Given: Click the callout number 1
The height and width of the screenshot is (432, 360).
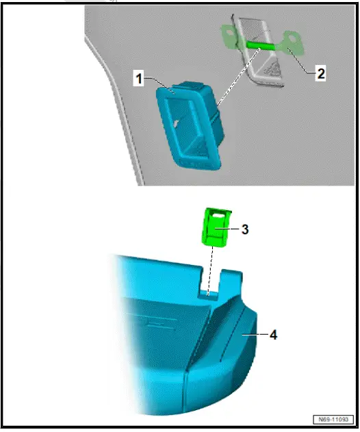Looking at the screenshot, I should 139,79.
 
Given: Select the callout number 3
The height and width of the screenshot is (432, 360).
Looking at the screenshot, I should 244,229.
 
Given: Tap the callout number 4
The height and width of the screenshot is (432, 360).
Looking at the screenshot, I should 273,335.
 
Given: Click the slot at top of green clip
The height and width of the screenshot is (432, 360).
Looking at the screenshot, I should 217,214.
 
